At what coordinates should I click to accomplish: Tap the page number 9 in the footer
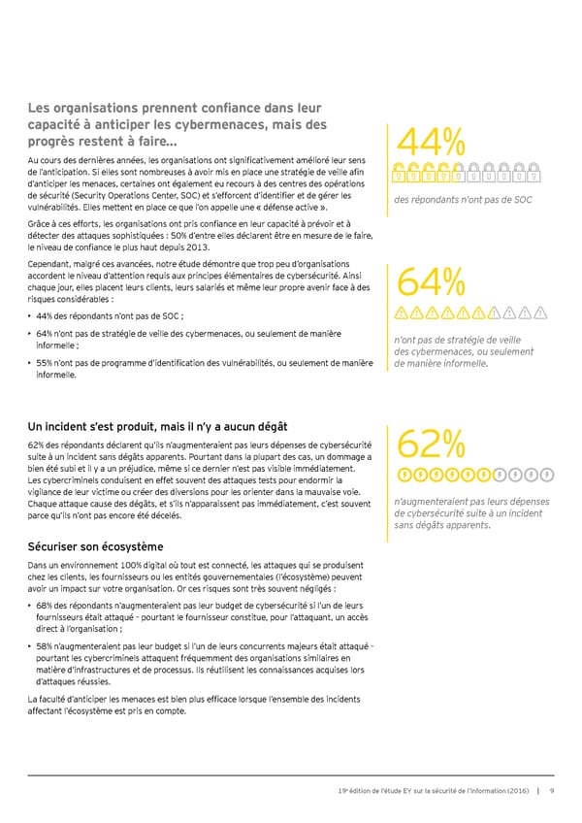(x=551, y=789)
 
